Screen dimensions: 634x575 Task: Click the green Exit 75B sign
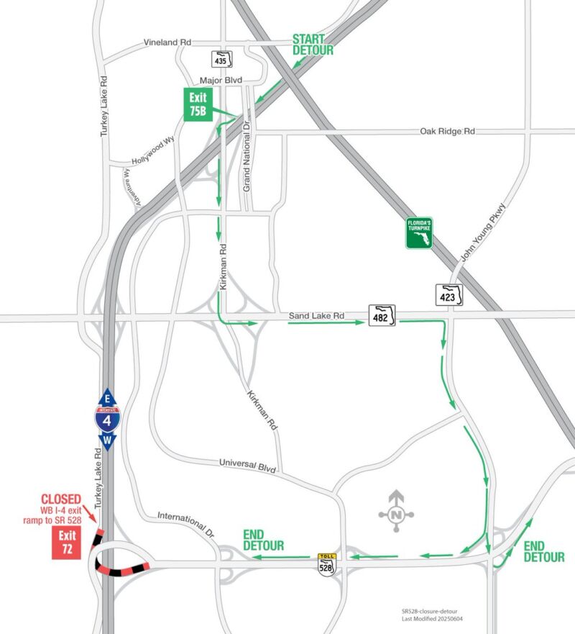point(197,105)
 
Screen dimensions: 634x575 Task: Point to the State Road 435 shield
point(222,59)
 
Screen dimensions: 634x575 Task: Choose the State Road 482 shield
point(382,317)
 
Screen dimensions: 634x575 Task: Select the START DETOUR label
point(313,45)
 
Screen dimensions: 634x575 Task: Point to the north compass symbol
point(396,512)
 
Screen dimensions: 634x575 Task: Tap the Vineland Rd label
point(170,43)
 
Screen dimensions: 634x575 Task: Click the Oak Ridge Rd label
point(448,132)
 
